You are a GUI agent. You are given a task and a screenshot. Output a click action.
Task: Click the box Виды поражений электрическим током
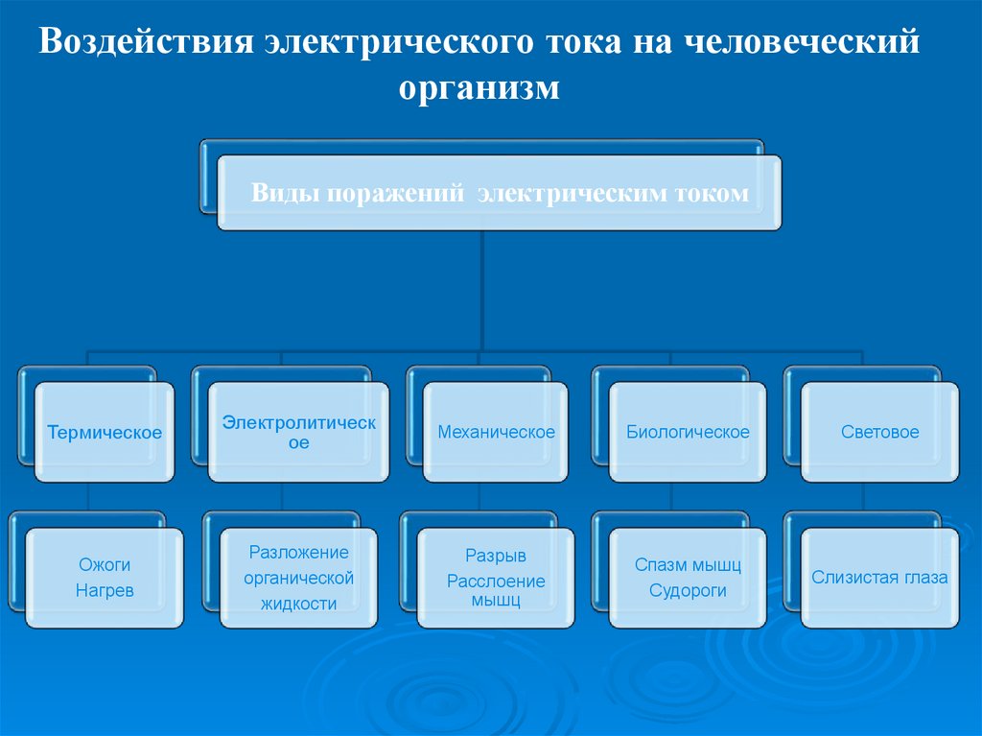click(499, 193)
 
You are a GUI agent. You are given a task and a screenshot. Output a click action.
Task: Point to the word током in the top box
click(710, 193)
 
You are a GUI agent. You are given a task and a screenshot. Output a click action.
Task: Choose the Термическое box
click(105, 432)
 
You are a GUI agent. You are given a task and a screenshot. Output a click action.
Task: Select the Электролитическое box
click(299, 432)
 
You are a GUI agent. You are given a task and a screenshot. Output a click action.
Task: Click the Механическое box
click(496, 432)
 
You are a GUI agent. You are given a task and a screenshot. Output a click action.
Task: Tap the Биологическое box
click(688, 432)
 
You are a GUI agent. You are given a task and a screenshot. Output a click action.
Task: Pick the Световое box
click(879, 432)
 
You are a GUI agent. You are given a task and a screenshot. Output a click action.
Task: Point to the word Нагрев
click(105, 591)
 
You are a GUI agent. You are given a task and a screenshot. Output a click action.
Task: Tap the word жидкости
click(298, 604)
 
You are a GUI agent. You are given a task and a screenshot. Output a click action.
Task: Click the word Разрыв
click(496, 556)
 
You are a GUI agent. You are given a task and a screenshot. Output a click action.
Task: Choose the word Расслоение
click(496, 581)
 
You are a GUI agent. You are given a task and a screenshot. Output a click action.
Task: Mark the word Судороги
click(688, 591)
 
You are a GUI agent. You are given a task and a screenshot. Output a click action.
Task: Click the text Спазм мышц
click(688, 565)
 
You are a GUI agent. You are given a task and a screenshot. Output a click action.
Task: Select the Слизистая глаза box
click(879, 578)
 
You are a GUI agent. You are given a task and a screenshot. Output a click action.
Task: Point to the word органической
click(298, 578)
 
